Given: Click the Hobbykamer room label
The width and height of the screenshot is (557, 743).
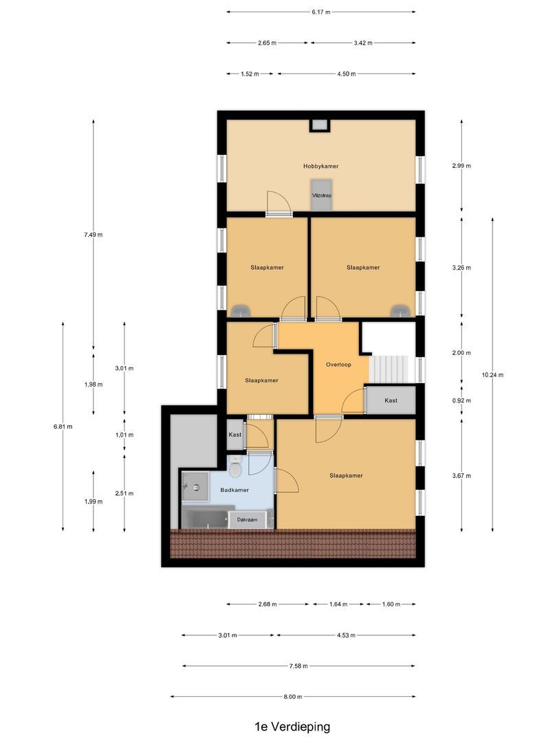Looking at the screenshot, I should tap(321, 166).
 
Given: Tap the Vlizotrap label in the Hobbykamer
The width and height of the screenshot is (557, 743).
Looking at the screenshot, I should tap(321, 196).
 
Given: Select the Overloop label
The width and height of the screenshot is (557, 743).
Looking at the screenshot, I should tap(339, 365).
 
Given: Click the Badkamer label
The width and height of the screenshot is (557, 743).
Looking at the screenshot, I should tap(234, 490).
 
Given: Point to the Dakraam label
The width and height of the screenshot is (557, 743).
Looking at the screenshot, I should tap(248, 520).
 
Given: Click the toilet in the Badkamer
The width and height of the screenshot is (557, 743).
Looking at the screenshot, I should tap(236, 471).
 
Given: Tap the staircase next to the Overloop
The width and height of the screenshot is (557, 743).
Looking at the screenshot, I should tap(389, 369).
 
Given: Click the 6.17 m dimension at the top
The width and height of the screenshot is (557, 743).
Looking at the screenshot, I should tap(321, 12).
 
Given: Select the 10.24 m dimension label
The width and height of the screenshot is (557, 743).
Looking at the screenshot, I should tap(493, 375).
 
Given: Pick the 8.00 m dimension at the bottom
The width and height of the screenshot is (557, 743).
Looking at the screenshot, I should tap(292, 697).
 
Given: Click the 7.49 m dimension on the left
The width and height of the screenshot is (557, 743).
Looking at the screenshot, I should tap(93, 235).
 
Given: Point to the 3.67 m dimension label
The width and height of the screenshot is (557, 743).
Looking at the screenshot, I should tap(461, 475).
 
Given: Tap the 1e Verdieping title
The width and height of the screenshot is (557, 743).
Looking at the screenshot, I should tap(292, 726).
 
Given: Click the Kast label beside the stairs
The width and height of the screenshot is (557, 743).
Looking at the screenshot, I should tap(391, 400).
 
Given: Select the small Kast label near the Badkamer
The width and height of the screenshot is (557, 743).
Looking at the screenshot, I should tap(234, 435).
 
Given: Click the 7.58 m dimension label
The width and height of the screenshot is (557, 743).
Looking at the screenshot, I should tap(299, 666).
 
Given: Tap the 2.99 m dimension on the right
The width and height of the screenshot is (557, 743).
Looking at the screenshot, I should tap(461, 166).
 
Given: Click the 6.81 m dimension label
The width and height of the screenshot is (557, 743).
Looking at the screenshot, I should tap(63, 427).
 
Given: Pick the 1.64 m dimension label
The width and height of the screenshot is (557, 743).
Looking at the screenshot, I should tap(338, 605).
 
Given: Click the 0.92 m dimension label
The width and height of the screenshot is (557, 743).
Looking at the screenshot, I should tap(461, 400).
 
